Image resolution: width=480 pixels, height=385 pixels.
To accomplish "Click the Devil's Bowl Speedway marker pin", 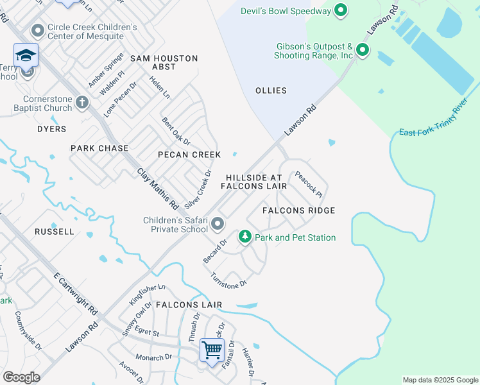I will tap(341, 10).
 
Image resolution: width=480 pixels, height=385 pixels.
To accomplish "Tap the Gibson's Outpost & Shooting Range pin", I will tap(363, 50).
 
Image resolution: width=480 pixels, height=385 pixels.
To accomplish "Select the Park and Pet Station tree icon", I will tap(244, 237).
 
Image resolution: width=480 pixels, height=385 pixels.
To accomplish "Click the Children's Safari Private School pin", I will tap(218, 224).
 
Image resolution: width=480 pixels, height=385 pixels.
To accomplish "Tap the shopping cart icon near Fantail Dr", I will tap(212, 350).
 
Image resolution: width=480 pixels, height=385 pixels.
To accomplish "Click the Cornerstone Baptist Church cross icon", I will tap(81, 102).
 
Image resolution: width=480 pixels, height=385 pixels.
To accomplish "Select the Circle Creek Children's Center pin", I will tap(37, 31).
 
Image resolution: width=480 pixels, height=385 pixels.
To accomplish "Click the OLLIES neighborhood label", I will tap(271, 90).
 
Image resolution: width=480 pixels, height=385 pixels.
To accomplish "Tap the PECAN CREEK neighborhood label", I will tap(189, 155).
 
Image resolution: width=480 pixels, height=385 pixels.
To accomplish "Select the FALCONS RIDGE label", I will tap(299, 210).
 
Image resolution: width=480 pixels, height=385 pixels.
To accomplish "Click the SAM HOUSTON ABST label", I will tap(164, 62).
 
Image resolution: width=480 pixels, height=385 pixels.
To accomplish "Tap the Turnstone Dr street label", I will tap(228, 280).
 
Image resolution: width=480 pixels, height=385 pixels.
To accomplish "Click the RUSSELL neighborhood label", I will tap(55, 232).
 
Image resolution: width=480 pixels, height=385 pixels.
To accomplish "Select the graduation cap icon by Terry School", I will tap(26, 55).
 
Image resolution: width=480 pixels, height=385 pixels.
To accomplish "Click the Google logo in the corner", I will tap(21, 377).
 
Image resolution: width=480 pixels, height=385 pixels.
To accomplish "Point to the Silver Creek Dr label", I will tap(198, 189).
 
